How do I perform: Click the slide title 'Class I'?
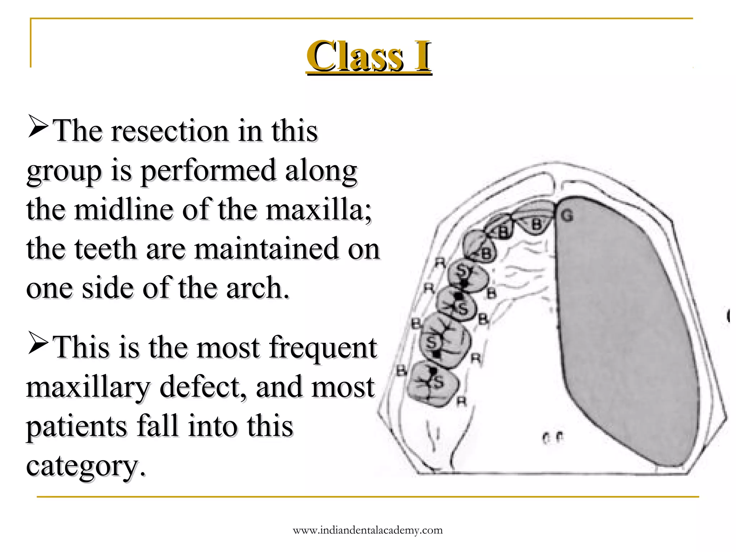click(x=369, y=57)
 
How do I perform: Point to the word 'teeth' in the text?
click(x=106, y=249)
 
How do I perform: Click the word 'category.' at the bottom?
click(x=86, y=466)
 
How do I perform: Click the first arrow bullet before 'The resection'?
click(x=38, y=126)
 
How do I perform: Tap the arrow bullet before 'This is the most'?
click(x=38, y=343)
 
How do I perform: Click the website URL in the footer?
click(x=368, y=530)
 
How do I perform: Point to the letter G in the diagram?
click(x=567, y=216)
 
